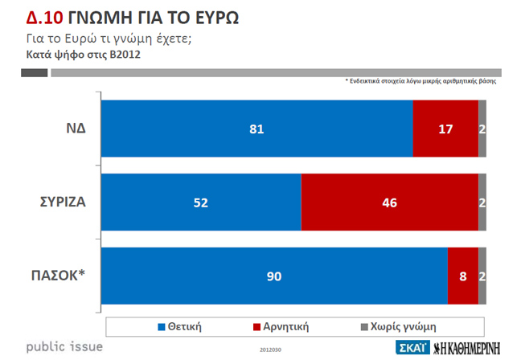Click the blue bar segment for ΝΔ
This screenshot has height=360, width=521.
point(256,129)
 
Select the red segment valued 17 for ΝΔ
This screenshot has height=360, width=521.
point(445,129)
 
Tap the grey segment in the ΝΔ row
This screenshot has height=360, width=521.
point(482,129)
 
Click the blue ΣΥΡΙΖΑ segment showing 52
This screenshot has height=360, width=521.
point(201,202)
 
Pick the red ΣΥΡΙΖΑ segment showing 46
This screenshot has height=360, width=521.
point(389,202)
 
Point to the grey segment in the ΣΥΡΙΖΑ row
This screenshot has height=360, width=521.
point(482,202)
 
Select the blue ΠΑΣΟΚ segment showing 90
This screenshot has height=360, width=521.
point(274,276)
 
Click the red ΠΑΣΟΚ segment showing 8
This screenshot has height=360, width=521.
point(462,276)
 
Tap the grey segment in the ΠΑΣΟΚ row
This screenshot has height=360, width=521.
point(482,276)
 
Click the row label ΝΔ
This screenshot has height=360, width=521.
point(77,129)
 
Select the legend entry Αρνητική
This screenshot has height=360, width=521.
point(281,326)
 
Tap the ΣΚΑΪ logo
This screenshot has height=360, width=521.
point(413,348)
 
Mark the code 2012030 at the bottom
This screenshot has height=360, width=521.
point(270,350)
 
